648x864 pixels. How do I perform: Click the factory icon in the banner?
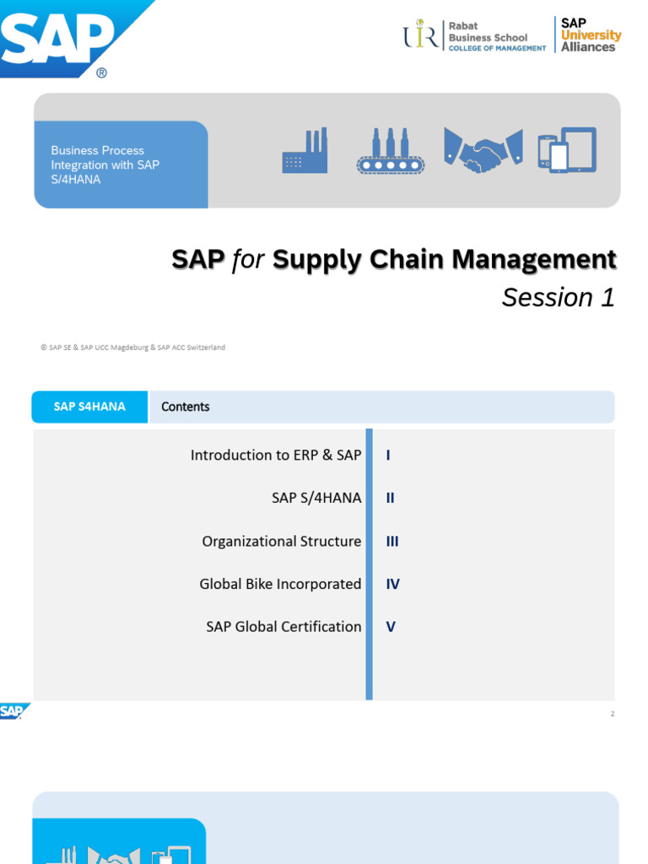(x=305, y=152)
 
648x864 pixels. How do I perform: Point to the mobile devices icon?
(x=567, y=150)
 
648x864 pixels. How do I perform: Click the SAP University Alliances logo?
(x=591, y=35)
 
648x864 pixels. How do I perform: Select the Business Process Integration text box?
(x=121, y=165)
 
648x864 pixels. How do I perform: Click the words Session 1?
(x=558, y=297)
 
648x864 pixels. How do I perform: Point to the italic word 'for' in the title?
(x=248, y=260)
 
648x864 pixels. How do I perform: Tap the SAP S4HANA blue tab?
(x=89, y=407)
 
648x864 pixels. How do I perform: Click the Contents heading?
(x=186, y=407)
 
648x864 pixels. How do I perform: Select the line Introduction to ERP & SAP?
(x=276, y=455)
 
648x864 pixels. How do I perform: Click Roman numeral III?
(x=392, y=541)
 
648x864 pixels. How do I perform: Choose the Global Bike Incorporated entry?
(x=280, y=584)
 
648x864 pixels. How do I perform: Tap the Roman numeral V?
(x=391, y=627)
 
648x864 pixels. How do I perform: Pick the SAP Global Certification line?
(x=283, y=627)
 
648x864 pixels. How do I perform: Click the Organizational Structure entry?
(x=282, y=541)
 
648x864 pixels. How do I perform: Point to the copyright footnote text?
(x=132, y=347)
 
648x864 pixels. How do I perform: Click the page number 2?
(x=613, y=714)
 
